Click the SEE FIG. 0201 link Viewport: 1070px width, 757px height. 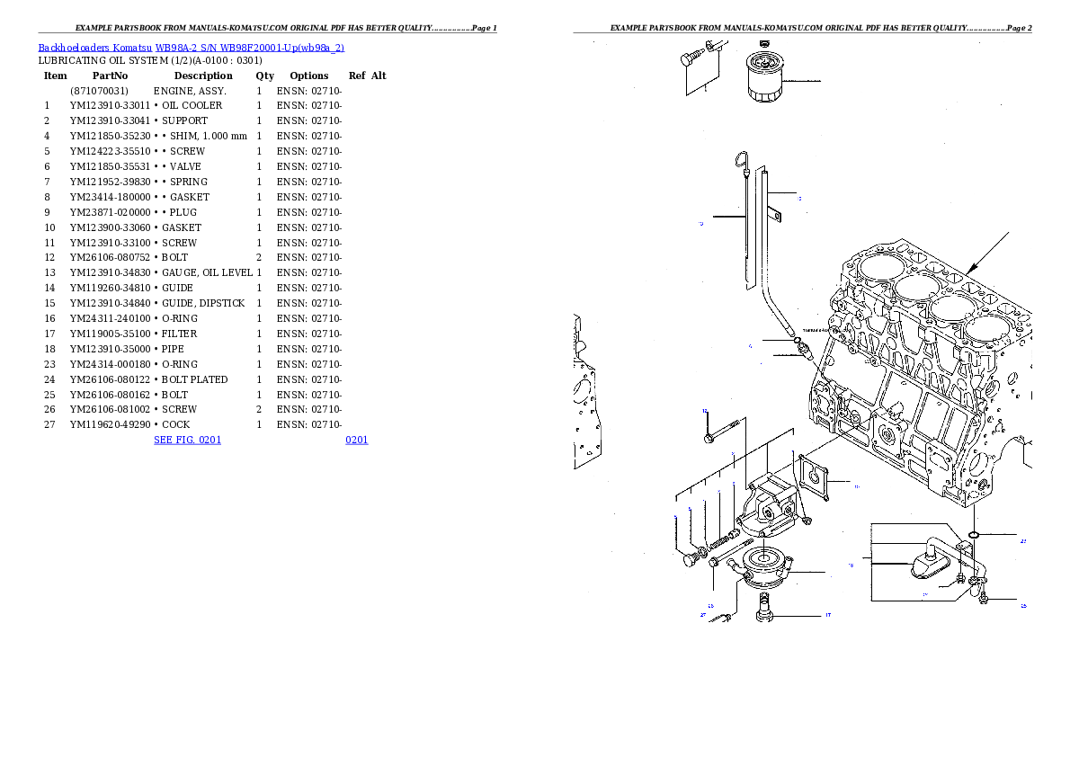[x=187, y=440]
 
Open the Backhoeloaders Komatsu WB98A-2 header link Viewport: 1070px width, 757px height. [x=191, y=48]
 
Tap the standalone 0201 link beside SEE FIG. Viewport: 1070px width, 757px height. [x=356, y=440]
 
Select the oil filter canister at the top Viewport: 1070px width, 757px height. [x=764, y=77]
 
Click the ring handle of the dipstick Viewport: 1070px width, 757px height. [x=741, y=162]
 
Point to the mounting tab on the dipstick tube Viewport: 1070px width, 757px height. [x=776, y=215]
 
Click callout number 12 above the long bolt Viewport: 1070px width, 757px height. [x=705, y=412]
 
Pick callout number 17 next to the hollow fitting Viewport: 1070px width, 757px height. [x=827, y=616]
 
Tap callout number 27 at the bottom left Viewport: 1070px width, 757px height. [x=703, y=616]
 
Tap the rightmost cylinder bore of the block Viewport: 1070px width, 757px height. [x=985, y=328]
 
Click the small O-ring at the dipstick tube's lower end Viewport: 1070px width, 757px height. [x=798, y=340]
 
